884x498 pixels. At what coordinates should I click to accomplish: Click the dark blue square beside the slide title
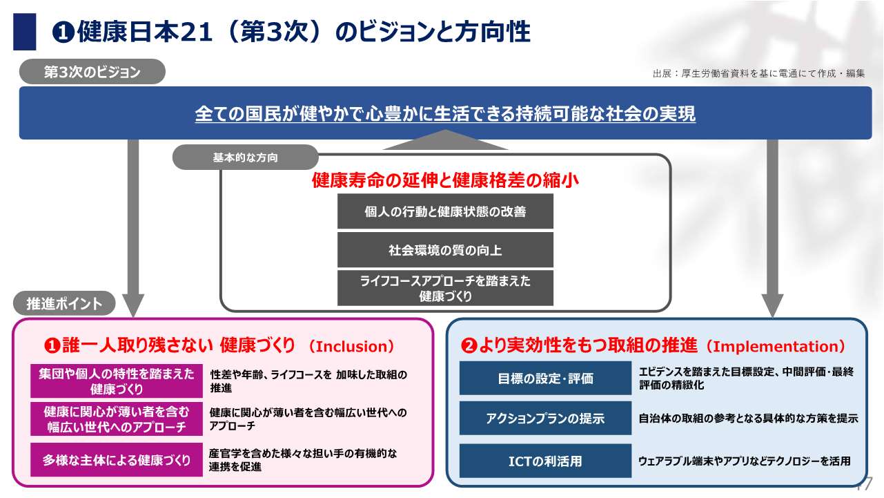coord(25,32)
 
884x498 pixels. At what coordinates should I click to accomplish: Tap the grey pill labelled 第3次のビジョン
coord(92,72)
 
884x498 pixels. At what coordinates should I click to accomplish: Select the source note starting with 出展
coord(758,73)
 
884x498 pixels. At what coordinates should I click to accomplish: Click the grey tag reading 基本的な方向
coord(245,157)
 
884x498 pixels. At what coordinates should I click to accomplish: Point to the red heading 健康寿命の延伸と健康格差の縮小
coord(445,181)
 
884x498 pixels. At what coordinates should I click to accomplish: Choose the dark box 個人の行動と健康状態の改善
coord(445,211)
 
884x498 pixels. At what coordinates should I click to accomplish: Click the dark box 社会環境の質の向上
coord(445,250)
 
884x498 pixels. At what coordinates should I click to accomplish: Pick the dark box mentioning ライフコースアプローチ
coord(445,288)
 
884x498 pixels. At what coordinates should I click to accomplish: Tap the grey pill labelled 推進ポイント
coord(64,303)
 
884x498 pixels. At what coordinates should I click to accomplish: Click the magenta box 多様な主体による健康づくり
coord(117,460)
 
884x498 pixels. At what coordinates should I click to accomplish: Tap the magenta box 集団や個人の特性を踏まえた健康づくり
coord(117,381)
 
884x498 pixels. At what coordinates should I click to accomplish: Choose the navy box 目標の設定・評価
coord(545,379)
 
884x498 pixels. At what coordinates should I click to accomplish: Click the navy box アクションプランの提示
coord(545,419)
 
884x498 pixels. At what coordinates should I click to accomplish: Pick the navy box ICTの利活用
coord(545,461)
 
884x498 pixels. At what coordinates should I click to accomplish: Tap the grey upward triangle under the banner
coord(445,142)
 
